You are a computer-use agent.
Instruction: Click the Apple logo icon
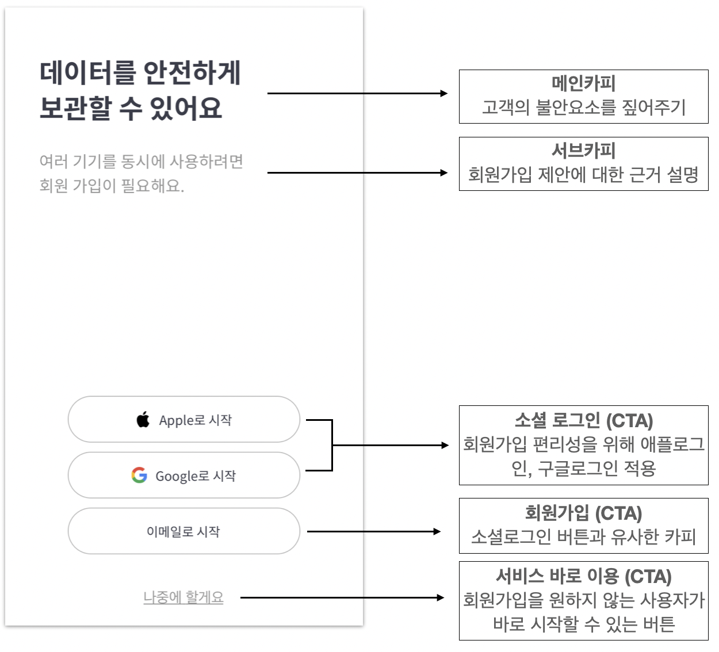(x=143, y=419)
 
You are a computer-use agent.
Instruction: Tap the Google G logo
(x=139, y=475)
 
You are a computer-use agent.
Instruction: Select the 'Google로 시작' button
(x=184, y=475)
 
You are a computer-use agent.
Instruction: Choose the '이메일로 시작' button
(x=184, y=531)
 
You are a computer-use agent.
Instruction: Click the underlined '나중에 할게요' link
(x=183, y=597)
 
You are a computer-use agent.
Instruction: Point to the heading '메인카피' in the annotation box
(x=583, y=83)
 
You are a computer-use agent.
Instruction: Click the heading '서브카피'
(x=583, y=150)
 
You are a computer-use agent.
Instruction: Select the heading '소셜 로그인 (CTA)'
(x=583, y=420)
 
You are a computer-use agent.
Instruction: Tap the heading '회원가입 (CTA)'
(x=583, y=513)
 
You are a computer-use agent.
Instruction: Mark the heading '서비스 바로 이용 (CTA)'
(x=583, y=576)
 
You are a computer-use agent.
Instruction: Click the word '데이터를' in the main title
(x=88, y=73)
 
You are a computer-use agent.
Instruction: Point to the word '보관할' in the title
(x=75, y=108)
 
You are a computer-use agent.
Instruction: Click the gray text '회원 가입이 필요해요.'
(x=112, y=186)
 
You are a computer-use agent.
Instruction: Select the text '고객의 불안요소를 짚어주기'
(x=583, y=108)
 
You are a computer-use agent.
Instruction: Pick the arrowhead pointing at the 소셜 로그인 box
(x=445, y=445)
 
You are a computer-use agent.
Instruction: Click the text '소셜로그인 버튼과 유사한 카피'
(x=583, y=537)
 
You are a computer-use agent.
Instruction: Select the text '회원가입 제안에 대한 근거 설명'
(x=583, y=175)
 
